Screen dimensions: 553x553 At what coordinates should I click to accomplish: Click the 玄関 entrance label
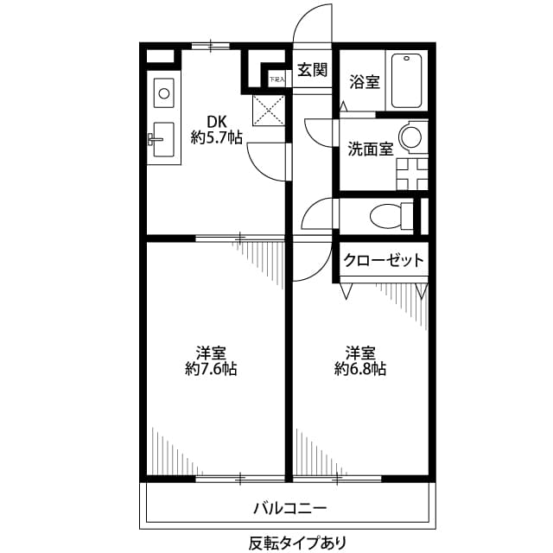pyautogui.click(x=312, y=71)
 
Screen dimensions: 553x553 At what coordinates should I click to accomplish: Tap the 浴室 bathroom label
pyautogui.click(x=364, y=82)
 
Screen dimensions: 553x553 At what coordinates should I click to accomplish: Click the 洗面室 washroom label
pyautogui.click(x=371, y=148)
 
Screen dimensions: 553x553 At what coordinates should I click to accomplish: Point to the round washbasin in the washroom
pyautogui.click(x=411, y=137)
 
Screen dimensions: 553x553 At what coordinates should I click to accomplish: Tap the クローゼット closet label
pyautogui.click(x=384, y=259)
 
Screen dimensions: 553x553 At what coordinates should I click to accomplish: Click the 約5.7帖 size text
pyautogui.click(x=216, y=137)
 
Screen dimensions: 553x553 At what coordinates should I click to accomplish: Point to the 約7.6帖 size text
pyautogui.click(x=211, y=369)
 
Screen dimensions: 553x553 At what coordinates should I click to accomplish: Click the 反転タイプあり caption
pyautogui.click(x=288, y=543)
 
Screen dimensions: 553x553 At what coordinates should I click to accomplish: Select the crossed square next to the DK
pyautogui.click(x=268, y=110)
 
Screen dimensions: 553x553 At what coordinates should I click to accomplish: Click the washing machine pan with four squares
pyautogui.click(x=413, y=171)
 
